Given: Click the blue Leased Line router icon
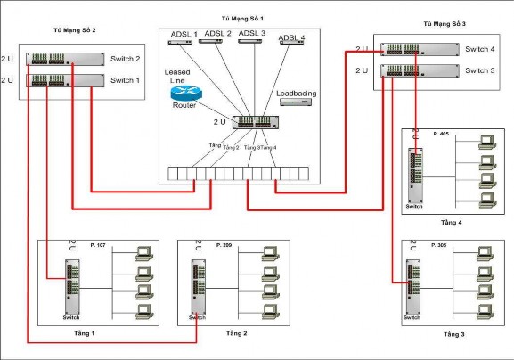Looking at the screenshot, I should click(x=184, y=92).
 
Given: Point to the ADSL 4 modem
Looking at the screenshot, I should click(x=290, y=46).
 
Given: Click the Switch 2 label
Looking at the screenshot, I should click(x=126, y=59).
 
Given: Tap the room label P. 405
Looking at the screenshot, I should click(x=440, y=135).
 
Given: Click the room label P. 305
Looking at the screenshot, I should click(x=438, y=244).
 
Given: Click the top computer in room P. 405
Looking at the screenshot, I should click(x=486, y=141).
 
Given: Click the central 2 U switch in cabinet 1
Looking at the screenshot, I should click(x=257, y=122).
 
